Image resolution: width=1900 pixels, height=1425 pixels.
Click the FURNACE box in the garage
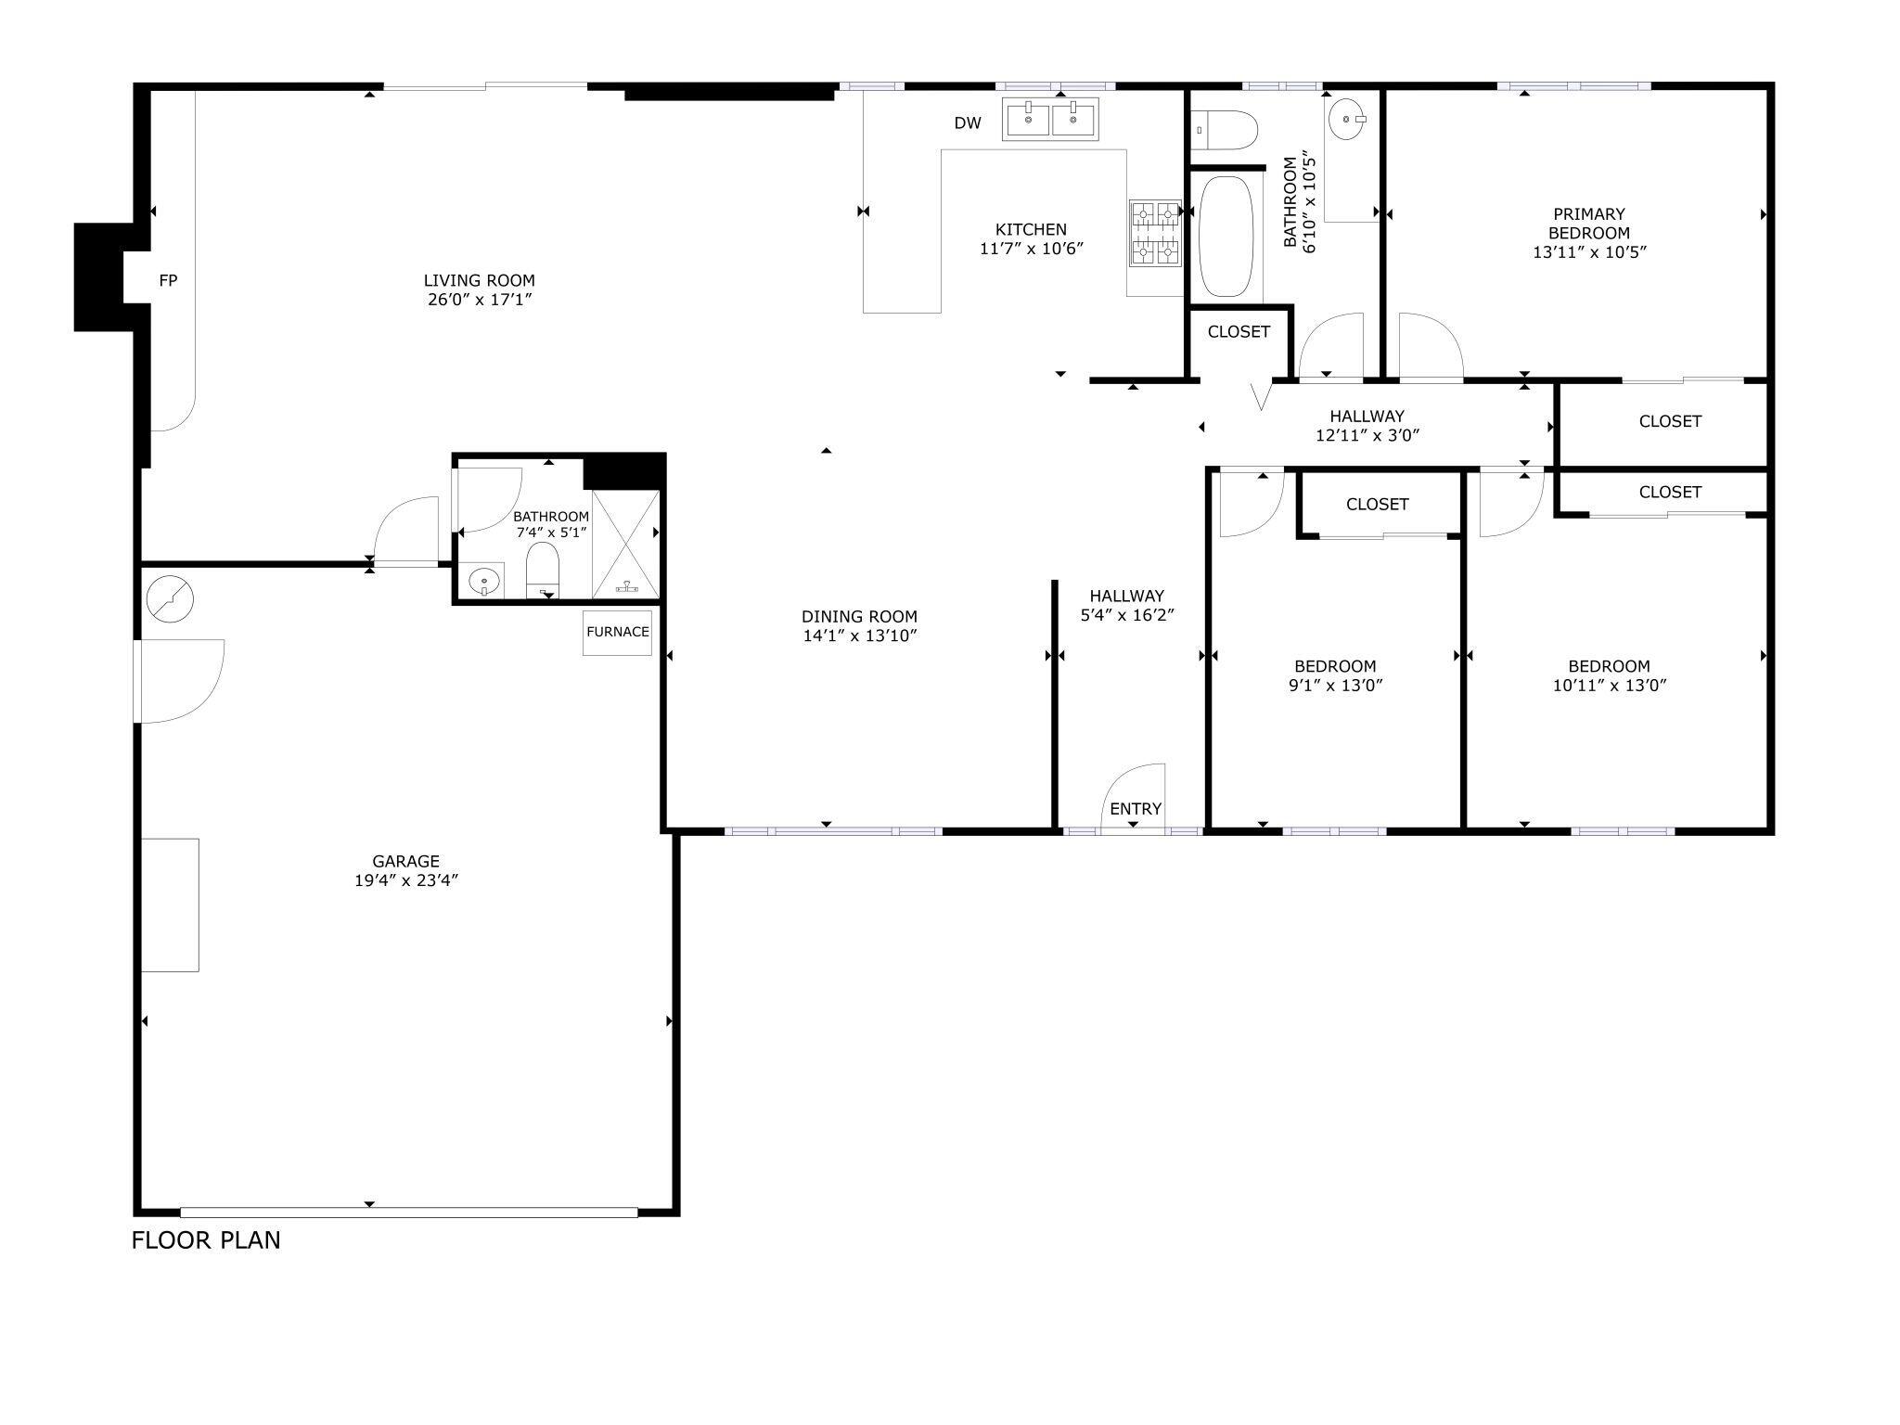tap(617, 632)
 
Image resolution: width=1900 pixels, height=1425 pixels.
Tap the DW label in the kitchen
tap(967, 123)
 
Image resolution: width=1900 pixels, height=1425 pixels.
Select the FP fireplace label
tap(168, 280)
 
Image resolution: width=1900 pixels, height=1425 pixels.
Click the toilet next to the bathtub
tap(1225, 130)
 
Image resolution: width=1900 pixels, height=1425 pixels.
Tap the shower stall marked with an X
tap(625, 544)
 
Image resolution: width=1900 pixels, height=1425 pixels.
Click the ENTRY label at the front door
tap(1136, 809)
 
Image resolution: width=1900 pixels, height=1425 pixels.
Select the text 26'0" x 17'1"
tap(480, 300)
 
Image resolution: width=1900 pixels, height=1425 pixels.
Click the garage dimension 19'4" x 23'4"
tap(406, 880)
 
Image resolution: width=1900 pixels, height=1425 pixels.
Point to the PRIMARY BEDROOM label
tap(1588, 224)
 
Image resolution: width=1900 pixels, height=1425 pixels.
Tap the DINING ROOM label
tap(859, 616)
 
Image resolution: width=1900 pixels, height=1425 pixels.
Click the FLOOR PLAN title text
tap(206, 1240)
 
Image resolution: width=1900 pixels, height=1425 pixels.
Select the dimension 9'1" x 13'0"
tap(1335, 686)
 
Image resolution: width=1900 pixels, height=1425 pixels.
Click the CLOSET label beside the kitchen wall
tap(1239, 332)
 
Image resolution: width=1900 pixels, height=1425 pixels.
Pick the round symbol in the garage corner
tap(170, 599)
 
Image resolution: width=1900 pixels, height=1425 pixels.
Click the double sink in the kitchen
tap(1050, 119)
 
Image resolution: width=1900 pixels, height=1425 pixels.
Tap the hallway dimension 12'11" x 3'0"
tap(1367, 435)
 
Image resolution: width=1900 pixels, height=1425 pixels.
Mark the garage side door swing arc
tap(190, 682)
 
